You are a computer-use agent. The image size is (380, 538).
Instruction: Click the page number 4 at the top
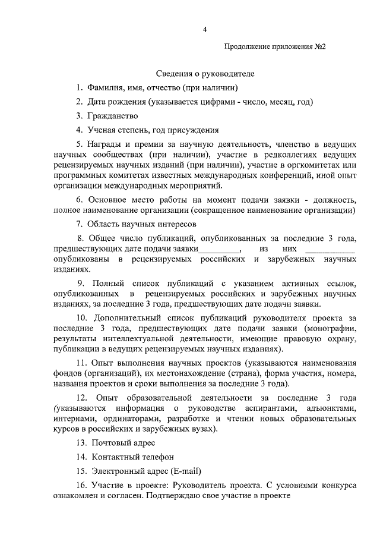pos(204,29)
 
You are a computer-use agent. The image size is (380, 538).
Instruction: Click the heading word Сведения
pos(176,74)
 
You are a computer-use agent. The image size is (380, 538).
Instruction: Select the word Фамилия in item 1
pos(104,88)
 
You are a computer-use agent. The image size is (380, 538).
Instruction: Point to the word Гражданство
pos(113,116)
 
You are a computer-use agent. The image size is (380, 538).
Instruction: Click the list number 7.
pos(78,224)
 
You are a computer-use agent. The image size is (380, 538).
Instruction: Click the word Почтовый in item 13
pos(108,443)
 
